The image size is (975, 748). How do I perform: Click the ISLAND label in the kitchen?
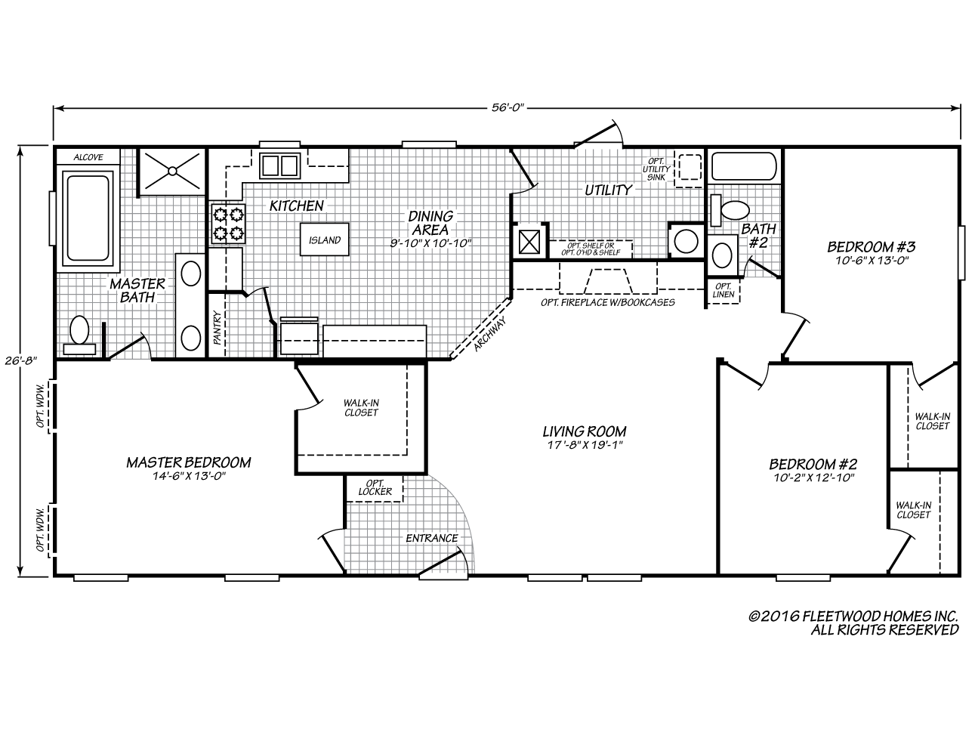(x=325, y=240)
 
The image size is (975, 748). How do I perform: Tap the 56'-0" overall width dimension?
(x=507, y=108)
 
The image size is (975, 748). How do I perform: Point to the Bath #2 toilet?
(x=733, y=211)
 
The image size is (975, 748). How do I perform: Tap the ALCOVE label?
(x=88, y=157)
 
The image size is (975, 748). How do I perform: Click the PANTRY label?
(x=218, y=329)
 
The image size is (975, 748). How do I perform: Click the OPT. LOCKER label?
(x=375, y=487)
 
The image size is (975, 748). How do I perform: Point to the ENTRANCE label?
(x=432, y=538)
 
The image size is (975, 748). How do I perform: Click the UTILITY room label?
(x=608, y=190)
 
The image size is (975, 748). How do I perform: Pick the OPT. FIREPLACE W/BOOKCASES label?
(x=607, y=302)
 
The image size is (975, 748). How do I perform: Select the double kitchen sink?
(x=279, y=165)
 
